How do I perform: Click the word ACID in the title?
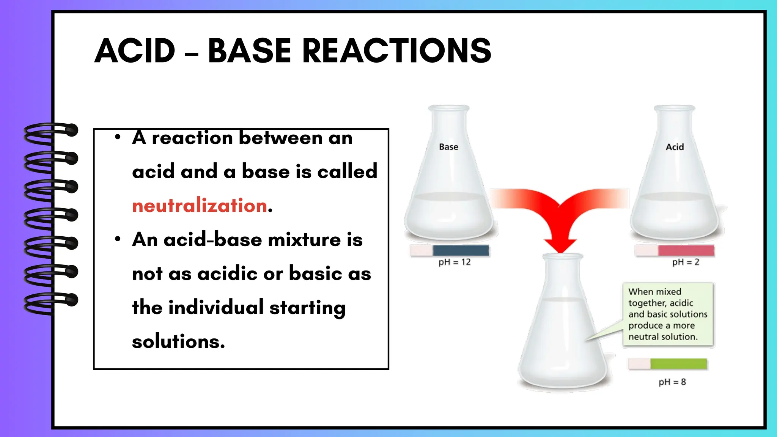135,51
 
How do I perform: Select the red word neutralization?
200,206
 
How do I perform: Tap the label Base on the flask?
448,147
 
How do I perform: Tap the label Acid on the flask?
675,147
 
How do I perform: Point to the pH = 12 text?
455,262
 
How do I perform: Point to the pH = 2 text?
686,262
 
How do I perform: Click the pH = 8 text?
672,382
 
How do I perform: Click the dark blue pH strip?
461,250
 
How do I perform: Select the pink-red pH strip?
686,250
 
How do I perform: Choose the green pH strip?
678,364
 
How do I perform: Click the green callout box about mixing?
668,314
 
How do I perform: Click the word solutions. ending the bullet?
178,341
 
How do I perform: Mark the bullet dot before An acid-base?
118,239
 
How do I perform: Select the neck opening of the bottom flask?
562,256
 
